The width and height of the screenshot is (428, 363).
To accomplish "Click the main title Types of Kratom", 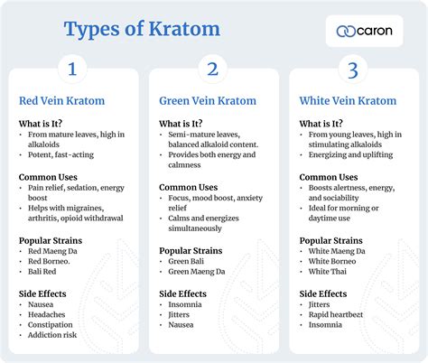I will pos(142,29).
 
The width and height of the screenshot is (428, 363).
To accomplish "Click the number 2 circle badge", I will pos(213,70).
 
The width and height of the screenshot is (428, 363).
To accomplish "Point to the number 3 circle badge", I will pos(353,70).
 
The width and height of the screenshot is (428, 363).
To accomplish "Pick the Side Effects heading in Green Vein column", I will pos(183,294).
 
